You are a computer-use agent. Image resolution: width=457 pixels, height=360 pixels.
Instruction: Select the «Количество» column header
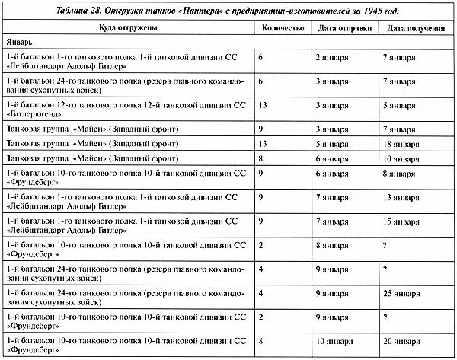282,28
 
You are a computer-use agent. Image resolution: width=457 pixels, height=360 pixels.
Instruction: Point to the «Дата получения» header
416,28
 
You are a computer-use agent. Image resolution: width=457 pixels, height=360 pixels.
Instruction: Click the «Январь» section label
21,43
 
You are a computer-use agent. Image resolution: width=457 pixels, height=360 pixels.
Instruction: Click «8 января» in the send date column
332,246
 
